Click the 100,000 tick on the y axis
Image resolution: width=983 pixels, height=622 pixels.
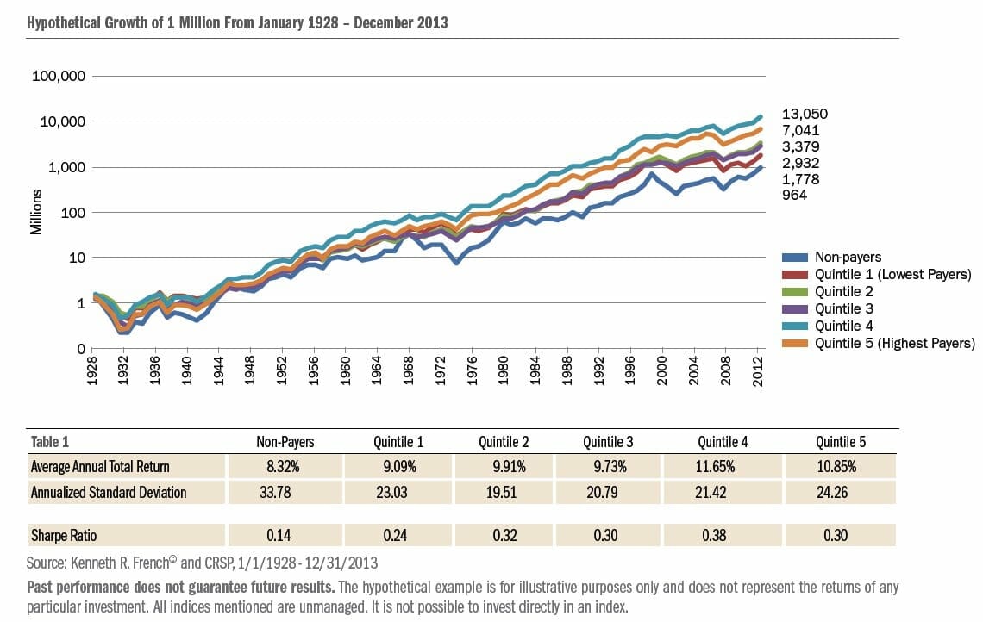click(x=59, y=76)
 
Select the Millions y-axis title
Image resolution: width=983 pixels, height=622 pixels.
click(x=36, y=213)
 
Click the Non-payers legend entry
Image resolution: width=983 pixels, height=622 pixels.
click(x=847, y=257)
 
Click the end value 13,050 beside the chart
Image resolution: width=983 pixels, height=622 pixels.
click(x=805, y=114)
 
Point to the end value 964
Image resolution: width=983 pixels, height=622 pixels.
click(x=795, y=196)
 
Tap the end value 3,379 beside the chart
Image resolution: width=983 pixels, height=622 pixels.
click(x=800, y=146)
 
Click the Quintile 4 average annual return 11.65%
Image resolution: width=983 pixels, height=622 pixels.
click(x=723, y=467)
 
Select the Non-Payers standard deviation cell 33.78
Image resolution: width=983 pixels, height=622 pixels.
click(x=284, y=493)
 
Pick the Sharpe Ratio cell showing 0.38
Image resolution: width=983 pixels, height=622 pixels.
click(x=723, y=535)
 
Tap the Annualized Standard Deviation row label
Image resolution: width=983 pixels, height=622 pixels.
click(x=109, y=493)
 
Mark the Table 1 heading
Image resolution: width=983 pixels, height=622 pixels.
click(x=49, y=442)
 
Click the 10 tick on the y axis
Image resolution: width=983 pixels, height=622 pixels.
click(x=76, y=258)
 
